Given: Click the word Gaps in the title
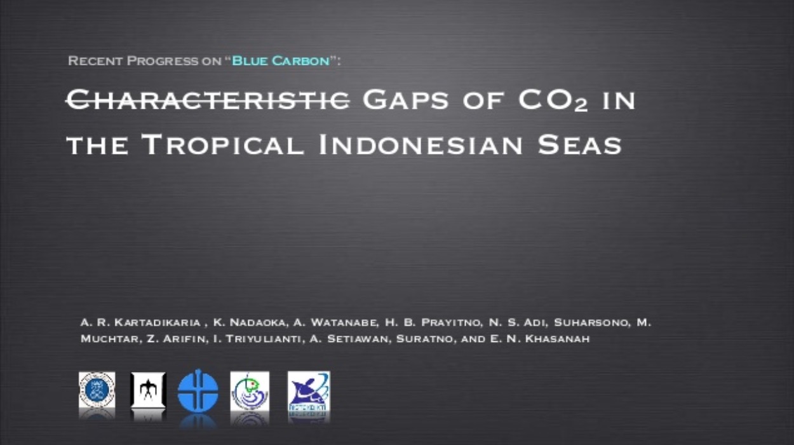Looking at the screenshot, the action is pyautogui.click(x=405, y=100).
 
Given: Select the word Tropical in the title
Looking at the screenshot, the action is pyautogui.click(x=223, y=144).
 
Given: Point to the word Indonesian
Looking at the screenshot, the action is pyautogui.click(x=421, y=144).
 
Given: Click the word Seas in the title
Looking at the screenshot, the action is pyautogui.click(x=580, y=144).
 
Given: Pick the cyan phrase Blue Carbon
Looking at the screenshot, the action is pyautogui.click(x=281, y=60).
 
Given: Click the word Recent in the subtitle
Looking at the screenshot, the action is pyautogui.click(x=95, y=60).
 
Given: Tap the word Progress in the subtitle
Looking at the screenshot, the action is pyautogui.click(x=163, y=60).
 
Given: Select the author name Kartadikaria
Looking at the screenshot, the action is pyautogui.click(x=158, y=322).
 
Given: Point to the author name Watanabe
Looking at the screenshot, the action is pyautogui.click(x=343, y=322).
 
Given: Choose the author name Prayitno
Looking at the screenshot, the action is pyautogui.click(x=451, y=322).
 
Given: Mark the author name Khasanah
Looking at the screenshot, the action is pyautogui.click(x=557, y=339).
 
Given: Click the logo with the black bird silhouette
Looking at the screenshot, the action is pyautogui.click(x=148, y=390).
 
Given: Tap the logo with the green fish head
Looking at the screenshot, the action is pyautogui.click(x=250, y=391).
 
